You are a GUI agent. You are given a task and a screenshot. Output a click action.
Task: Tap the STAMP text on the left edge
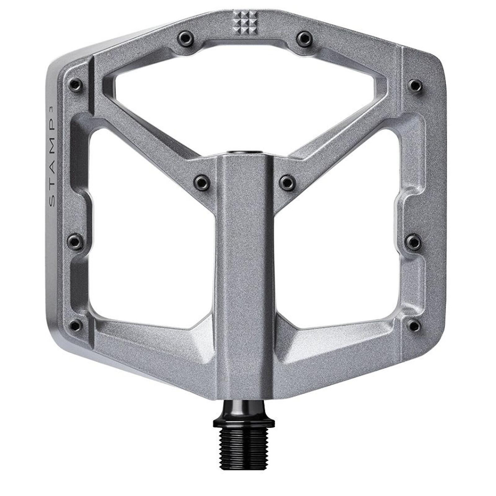click(53, 167)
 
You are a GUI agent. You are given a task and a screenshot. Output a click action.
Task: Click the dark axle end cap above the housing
click(245, 152)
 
